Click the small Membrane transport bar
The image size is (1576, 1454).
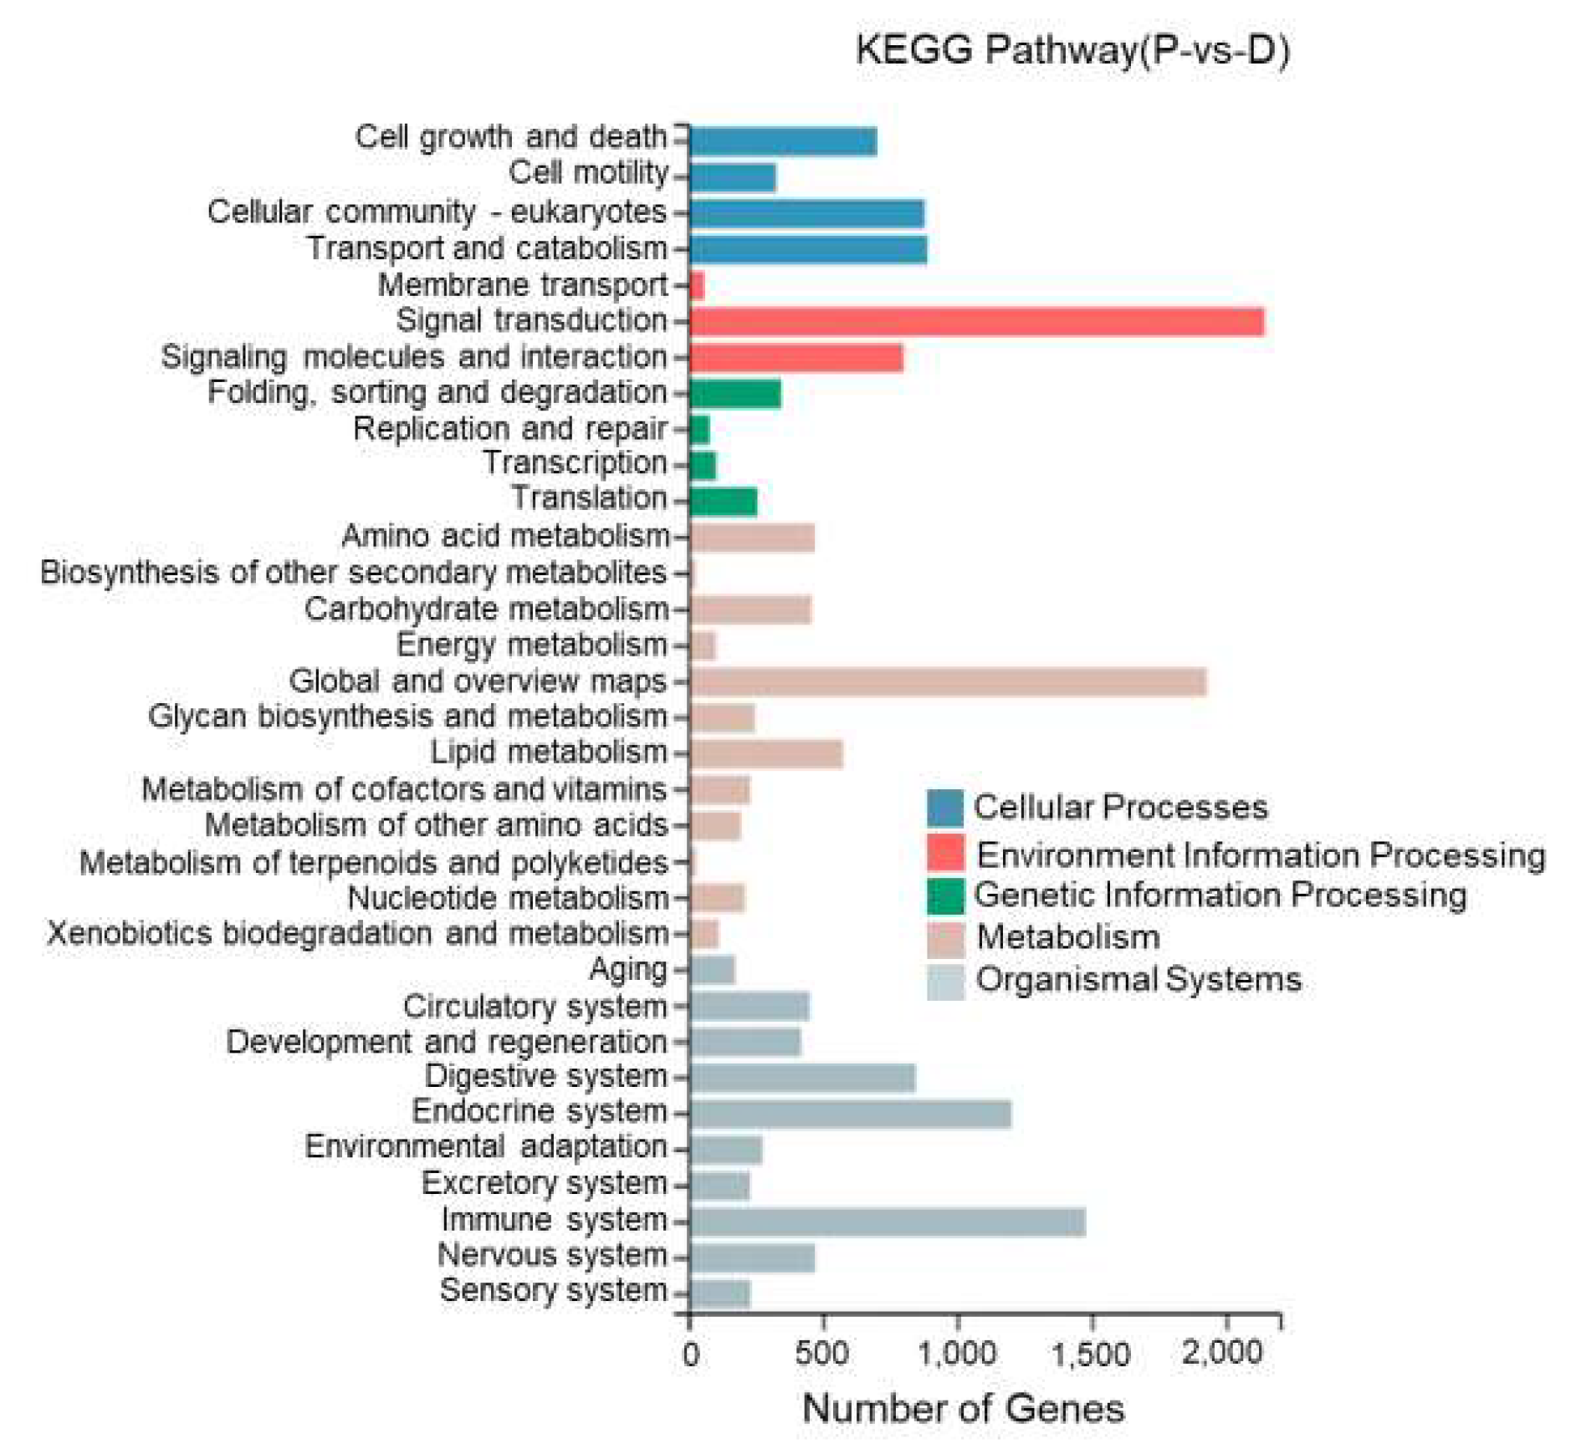tap(696, 286)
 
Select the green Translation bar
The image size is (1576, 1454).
tap(722, 501)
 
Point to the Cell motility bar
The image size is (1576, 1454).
tap(731, 177)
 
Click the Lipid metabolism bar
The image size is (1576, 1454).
tap(765, 753)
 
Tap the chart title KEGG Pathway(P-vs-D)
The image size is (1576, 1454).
tap(1072, 50)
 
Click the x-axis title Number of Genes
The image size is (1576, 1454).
tap(962, 1407)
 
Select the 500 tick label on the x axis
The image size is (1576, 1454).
tap(821, 1354)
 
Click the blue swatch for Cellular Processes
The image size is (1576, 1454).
tap(944, 808)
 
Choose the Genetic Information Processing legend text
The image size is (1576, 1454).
tap(1219, 895)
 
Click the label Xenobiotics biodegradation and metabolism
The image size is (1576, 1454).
tap(357, 933)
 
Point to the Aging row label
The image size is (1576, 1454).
tap(627, 970)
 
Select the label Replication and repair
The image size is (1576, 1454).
tap(509, 429)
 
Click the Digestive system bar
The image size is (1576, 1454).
tap(801, 1077)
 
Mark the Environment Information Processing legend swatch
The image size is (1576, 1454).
tap(944, 852)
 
